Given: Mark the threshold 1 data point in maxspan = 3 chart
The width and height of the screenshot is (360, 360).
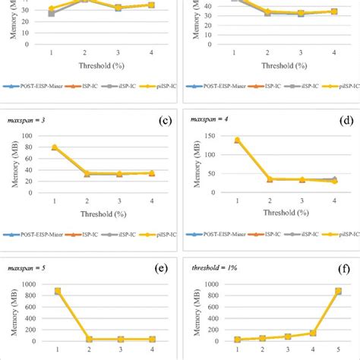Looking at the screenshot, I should pyautogui.click(x=54, y=147).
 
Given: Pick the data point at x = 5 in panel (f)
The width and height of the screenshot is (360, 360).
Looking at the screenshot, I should pyautogui.click(x=338, y=291).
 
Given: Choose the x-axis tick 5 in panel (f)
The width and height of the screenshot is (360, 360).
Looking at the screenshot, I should pyautogui.click(x=338, y=351).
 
